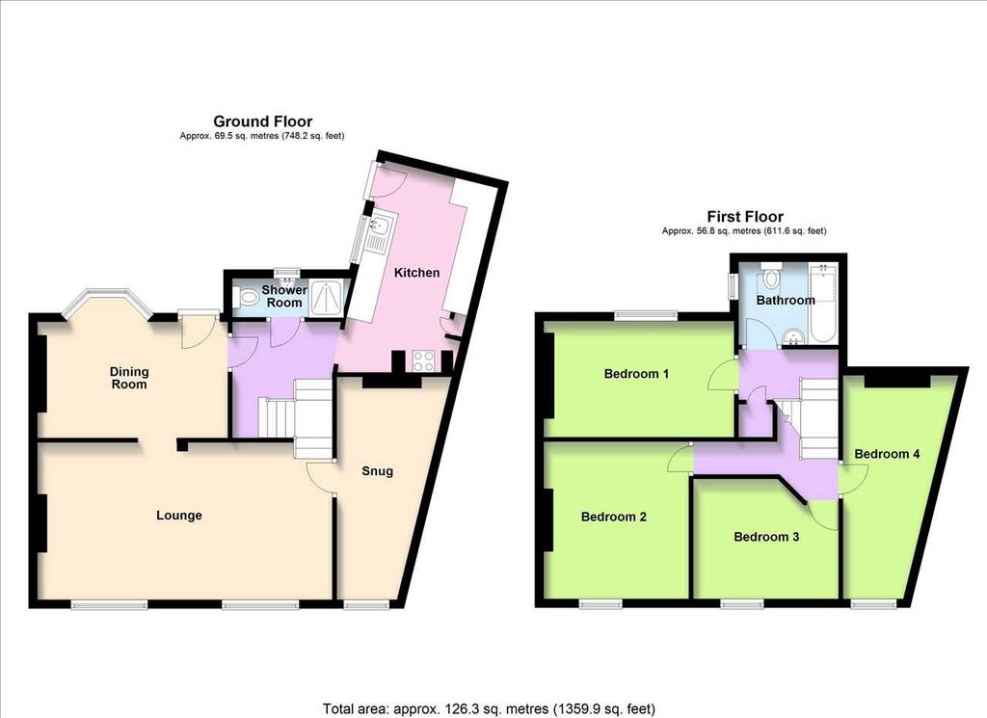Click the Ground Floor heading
tap(262, 121)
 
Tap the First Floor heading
tap(745, 217)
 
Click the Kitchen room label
tap(416, 273)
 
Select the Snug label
tap(378, 470)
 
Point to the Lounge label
tap(179, 516)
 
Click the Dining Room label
tap(129, 378)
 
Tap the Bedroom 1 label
tap(636, 374)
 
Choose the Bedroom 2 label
tap(614, 517)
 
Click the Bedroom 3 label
tap(766, 537)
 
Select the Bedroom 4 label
tap(887, 454)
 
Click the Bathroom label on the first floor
tap(786, 300)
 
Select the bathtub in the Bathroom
tap(824, 304)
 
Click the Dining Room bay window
tap(108, 304)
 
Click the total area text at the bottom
tap(489, 708)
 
